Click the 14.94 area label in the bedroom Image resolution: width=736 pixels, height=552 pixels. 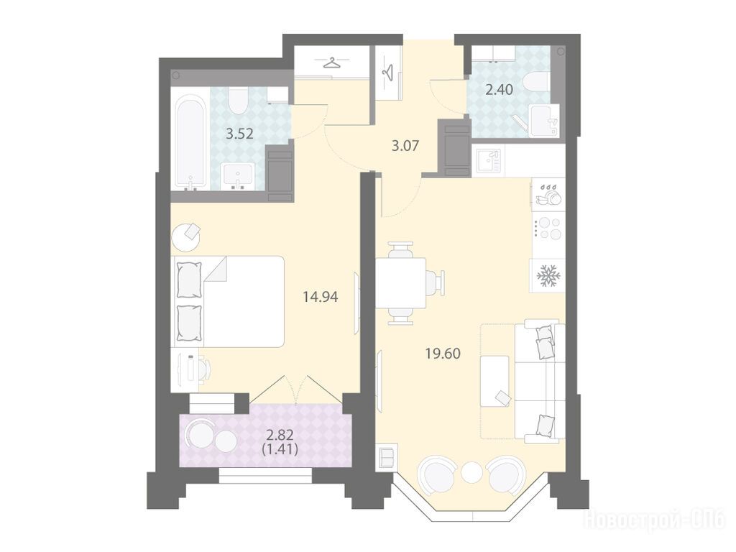(x=321, y=297)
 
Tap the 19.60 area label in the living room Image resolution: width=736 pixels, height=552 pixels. (x=443, y=353)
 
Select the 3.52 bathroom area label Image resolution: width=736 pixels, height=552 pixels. (x=239, y=134)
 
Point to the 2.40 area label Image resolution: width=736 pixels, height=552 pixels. (x=499, y=89)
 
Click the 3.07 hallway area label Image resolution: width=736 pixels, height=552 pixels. (x=405, y=145)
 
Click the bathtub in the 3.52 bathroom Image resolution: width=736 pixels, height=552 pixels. (x=190, y=142)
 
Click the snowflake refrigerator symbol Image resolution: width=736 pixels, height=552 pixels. (x=547, y=275)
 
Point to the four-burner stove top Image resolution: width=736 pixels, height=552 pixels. (x=549, y=228)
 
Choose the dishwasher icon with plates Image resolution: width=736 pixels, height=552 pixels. (x=549, y=195)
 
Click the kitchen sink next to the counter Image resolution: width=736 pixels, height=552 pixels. (x=489, y=161)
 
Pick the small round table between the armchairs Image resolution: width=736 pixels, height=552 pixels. (x=471, y=472)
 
